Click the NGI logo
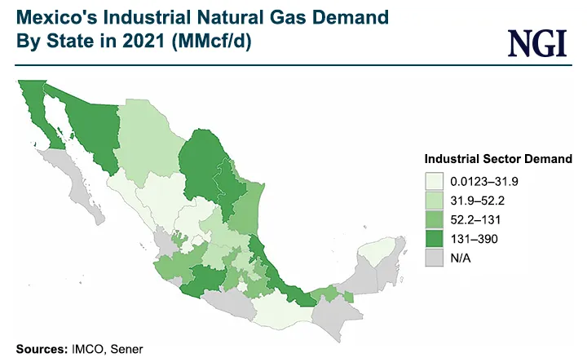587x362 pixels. [x=536, y=42]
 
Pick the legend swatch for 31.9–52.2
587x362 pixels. [x=434, y=200]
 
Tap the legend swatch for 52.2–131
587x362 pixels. [x=434, y=219]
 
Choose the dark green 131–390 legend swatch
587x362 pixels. [x=434, y=239]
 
